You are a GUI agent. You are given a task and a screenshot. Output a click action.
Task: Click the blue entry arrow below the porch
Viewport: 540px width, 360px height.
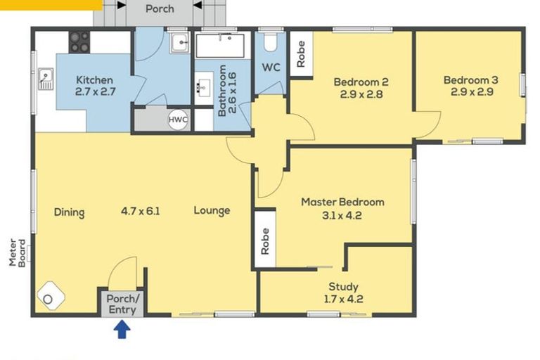[x=123, y=328]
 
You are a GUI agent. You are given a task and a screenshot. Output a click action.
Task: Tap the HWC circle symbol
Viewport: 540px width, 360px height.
[x=178, y=120]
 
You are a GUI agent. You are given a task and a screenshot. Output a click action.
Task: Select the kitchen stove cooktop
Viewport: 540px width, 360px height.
[x=79, y=42]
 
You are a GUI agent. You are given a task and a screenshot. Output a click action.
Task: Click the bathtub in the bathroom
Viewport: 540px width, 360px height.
[x=219, y=46]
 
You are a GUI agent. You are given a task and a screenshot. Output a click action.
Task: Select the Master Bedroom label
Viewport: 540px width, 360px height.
[x=342, y=202]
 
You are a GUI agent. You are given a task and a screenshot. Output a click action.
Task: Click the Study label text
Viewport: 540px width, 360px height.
[x=343, y=286]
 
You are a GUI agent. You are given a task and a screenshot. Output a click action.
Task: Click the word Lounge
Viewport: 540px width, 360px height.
[x=212, y=210]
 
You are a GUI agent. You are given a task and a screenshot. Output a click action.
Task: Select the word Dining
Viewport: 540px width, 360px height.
[x=69, y=212]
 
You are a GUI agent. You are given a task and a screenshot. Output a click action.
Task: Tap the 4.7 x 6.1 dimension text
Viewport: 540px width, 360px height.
[x=140, y=210]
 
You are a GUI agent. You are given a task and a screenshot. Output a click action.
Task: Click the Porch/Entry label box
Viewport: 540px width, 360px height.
[x=123, y=303]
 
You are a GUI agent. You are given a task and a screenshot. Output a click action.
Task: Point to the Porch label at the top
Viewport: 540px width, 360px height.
[x=160, y=9]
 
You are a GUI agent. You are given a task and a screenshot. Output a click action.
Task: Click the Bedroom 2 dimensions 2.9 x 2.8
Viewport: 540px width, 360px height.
[x=361, y=94]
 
